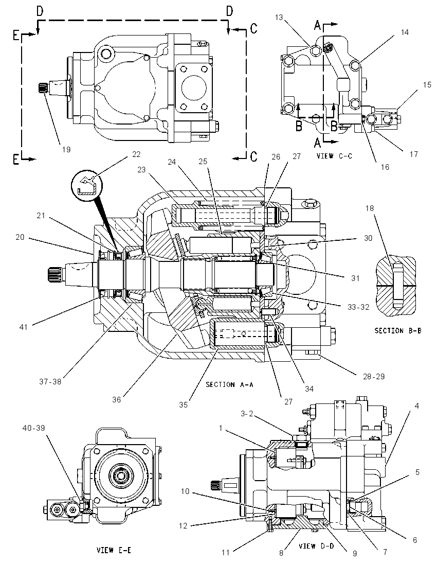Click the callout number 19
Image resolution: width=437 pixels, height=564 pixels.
(x=66, y=149)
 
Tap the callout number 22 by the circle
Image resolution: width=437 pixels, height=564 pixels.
(x=136, y=154)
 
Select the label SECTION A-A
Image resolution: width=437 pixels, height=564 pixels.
(x=230, y=384)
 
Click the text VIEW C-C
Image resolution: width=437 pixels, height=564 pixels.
(x=334, y=156)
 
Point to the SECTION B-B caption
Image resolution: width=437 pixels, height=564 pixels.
(x=398, y=330)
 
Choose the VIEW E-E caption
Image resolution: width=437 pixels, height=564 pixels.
(x=114, y=550)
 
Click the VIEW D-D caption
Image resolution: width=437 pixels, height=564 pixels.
(x=316, y=545)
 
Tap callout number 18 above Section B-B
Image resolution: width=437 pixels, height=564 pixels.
(x=370, y=208)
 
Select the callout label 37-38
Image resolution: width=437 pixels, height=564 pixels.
(x=50, y=382)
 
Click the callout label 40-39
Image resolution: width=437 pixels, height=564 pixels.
(x=34, y=428)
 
